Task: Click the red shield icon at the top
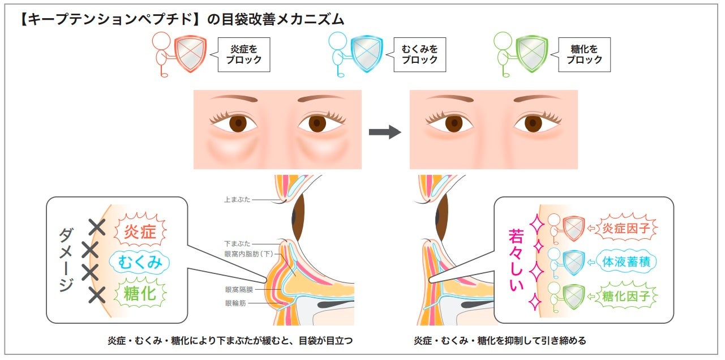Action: [x=190, y=54]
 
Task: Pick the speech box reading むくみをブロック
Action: [x=419, y=54]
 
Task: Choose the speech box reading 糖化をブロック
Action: [x=584, y=54]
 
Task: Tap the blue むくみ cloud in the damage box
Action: [x=140, y=263]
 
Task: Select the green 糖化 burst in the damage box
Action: [x=140, y=293]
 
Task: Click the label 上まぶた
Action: [x=237, y=199]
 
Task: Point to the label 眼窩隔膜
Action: [x=239, y=289]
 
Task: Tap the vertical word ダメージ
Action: [x=66, y=261]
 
